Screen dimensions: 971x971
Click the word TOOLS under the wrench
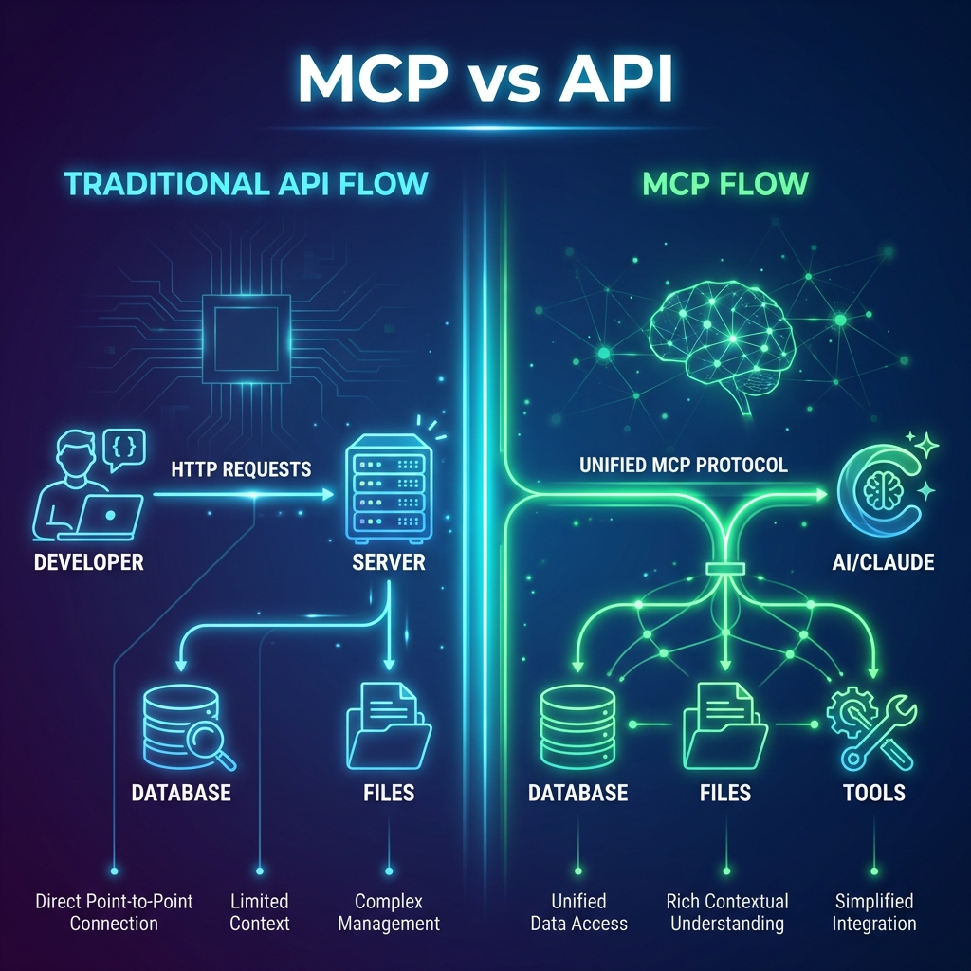point(873,793)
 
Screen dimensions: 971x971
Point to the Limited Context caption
point(258,911)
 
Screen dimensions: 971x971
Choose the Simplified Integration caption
point(873,911)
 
